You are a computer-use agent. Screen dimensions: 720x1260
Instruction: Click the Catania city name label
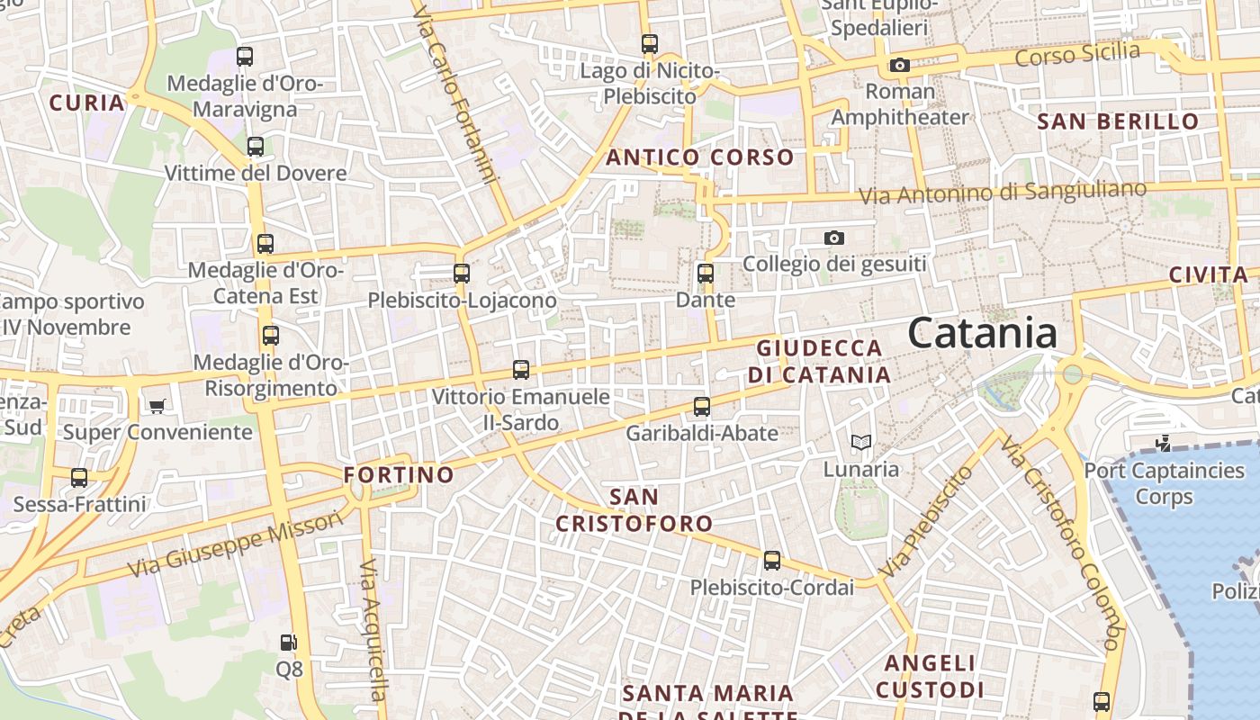tap(982, 333)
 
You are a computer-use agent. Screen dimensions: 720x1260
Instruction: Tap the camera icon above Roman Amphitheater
tap(899, 65)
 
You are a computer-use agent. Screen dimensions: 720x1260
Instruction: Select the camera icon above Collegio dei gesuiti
tap(834, 238)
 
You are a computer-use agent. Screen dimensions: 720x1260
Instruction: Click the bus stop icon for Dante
tap(706, 274)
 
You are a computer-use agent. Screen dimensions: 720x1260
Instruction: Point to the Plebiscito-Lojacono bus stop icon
tap(462, 274)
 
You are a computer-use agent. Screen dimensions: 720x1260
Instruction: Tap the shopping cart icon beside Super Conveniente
tap(157, 407)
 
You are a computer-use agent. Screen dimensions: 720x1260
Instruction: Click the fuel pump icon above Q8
tap(288, 643)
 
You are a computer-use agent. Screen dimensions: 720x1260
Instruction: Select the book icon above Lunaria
tap(861, 443)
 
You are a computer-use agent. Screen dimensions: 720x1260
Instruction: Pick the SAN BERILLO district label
tap(1118, 121)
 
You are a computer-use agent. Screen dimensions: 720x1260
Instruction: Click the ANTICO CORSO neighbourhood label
tap(700, 157)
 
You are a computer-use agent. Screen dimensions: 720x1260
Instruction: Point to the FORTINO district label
tap(400, 474)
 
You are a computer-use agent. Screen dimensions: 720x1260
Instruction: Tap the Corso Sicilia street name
tap(1077, 54)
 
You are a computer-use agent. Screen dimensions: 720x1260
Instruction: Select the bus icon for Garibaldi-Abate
tap(702, 407)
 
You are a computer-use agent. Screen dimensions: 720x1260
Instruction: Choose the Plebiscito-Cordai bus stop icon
tap(772, 561)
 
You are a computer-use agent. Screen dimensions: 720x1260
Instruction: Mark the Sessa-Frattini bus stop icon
tap(79, 478)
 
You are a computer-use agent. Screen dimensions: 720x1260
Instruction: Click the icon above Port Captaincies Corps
tap(1164, 443)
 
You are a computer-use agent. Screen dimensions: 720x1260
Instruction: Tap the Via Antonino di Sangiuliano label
tap(1003, 192)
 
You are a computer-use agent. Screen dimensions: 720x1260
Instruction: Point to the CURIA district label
tap(87, 103)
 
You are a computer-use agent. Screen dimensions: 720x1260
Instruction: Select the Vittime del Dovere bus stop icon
tap(256, 147)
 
